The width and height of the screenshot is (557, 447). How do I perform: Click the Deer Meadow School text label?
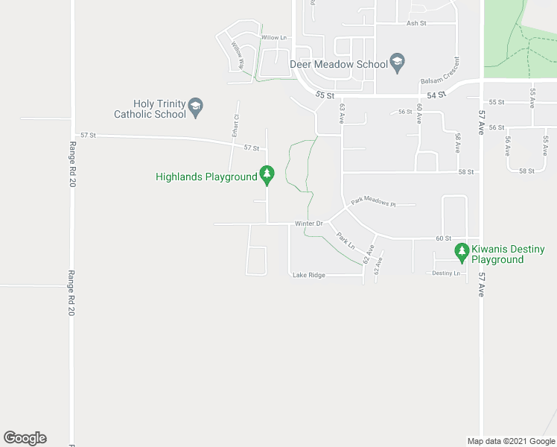tap(339, 65)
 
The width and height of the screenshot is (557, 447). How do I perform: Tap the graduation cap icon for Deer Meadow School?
tap(398, 62)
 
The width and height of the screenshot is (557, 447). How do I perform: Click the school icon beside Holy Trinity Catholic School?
tap(196, 106)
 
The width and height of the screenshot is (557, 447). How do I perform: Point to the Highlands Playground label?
tap(206, 177)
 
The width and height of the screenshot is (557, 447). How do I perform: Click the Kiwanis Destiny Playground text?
tap(508, 254)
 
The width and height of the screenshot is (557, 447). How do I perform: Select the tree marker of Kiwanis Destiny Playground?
tap(462, 253)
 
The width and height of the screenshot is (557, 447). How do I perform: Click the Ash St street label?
tap(416, 23)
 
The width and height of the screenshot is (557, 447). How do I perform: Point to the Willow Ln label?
tap(273, 37)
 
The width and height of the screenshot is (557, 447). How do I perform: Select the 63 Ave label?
tap(343, 112)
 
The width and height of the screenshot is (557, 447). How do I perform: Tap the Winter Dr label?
tap(308, 223)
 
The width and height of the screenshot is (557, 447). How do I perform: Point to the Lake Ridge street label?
tap(308, 275)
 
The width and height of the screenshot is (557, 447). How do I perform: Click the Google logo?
tap(25, 438)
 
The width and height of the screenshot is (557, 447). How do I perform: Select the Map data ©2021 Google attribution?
tap(511, 441)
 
